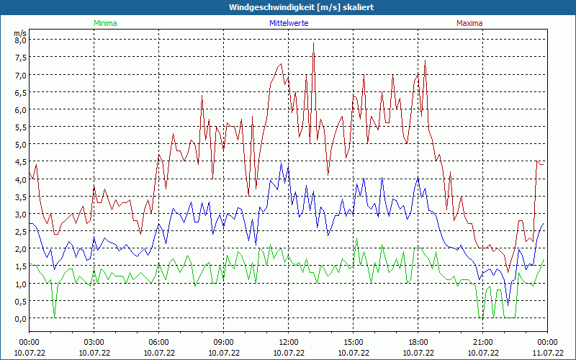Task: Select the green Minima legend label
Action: pyautogui.click(x=104, y=23)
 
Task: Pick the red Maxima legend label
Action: pyautogui.click(x=469, y=23)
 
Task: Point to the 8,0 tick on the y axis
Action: pyautogui.click(x=20, y=40)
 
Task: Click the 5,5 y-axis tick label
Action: pyautogui.click(x=20, y=127)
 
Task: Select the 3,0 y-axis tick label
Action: pyautogui.click(x=20, y=215)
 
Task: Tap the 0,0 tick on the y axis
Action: pyautogui.click(x=20, y=319)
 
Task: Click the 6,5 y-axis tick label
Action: pyautogui.click(x=20, y=93)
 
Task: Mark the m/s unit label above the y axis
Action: pyautogui.click(x=20, y=33)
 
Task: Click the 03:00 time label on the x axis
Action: pyautogui.click(x=94, y=342)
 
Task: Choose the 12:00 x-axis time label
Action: pyautogui.click(x=289, y=342)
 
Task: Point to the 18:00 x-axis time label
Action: pyautogui.click(x=418, y=342)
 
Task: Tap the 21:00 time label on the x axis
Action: pyautogui.click(x=483, y=342)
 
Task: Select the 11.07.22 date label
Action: pyautogui.click(x=547, y=353)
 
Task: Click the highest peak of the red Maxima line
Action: pyautogui.click(x=314, y=44)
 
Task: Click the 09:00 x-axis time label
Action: pyautogui.click(x=224, y=342)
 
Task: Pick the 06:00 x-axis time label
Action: pyautogui.click(x=159, y=342)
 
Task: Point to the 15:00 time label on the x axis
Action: pyautogui.click(x=354, y=342)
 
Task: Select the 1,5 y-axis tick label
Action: pyautogui.click(x=20, y=266)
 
